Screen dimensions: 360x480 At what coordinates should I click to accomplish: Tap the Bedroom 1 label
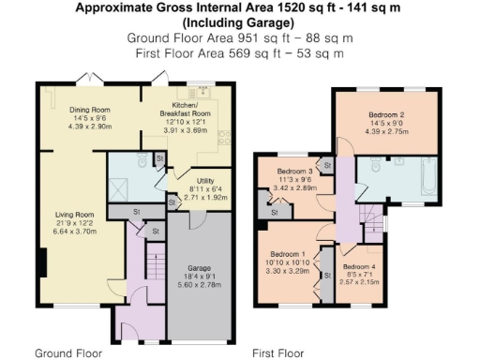[x=289, y=254]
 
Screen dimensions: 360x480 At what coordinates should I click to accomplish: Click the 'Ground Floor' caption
[x=67, y=353]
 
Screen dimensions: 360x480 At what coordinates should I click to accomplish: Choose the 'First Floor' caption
[x=278, y=353]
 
